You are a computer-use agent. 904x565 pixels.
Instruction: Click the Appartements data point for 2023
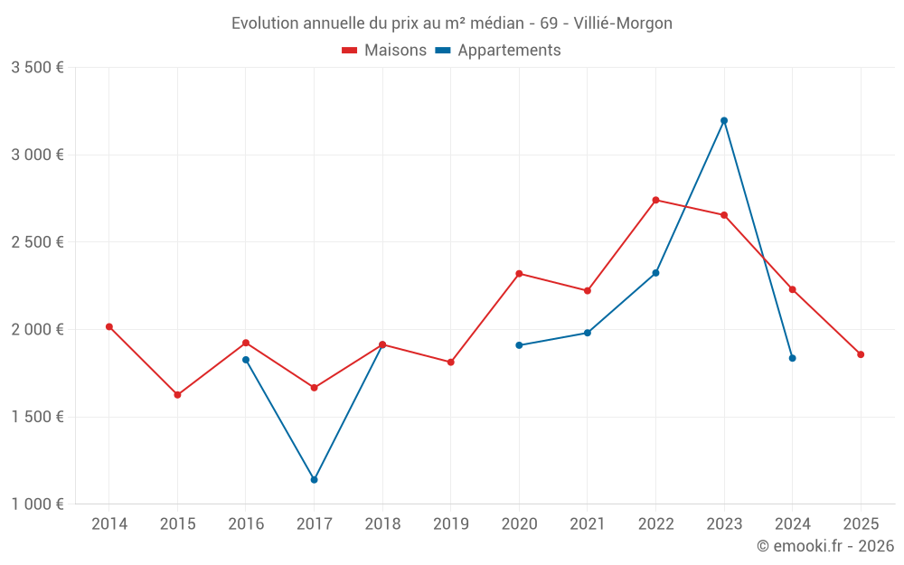pyautogui.click(x=724, y=120)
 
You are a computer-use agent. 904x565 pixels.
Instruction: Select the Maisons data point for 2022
pyautogui.click(x=655, y=200)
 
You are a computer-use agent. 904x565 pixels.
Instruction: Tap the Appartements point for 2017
pyautogui.click(x=314, y=479)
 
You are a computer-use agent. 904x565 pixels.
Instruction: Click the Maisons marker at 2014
pyautogui.click(x=109, y=326)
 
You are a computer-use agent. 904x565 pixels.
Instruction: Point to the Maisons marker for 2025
pyautogui.click(x=861, y=354)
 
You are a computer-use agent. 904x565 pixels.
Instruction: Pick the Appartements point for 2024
pyautogui.click(x=792, y=358)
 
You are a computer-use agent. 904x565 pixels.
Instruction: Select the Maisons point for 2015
pyautogui.click(x=177, y=395)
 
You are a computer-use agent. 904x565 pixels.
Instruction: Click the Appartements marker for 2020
pyautogui.click(x=519, y=345)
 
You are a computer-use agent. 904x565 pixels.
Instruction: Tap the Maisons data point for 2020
pyautogui.click(x=519, y=273)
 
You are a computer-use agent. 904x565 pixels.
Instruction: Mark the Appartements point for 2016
pyautogui.click(x=246, y=360)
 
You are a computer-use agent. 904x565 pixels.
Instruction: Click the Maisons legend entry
pyautogui.click(x=384, y=51)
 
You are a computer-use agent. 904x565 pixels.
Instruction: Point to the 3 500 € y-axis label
pyautogui.click(x=37, y=68)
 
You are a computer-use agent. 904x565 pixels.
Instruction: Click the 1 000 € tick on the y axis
pyautogui.click(x=37, y=504)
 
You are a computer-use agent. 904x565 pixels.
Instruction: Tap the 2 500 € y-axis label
pyautogui.click(x=37, y=242)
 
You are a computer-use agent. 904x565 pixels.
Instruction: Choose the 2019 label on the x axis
pyautogui.click(x=450, y=523)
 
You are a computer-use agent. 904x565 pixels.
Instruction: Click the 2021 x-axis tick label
pyautogui.click(x=587, y=523)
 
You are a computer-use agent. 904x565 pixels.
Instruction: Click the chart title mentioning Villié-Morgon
pyautogui.click(x=452, y=24)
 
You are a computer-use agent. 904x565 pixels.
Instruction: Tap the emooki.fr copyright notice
pyautogui.click(x=824, y=546)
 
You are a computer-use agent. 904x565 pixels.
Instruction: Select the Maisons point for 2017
pyautogui.click(x=314, y=388)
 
